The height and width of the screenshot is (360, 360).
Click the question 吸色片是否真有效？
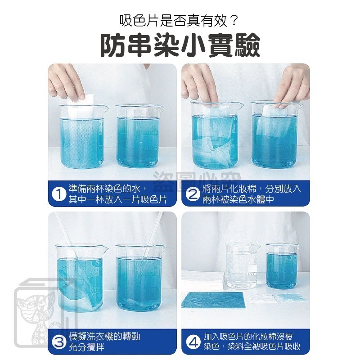pyautogui.click(x=180, y=20)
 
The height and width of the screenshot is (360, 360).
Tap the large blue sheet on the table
pyautogui.click(x=212, y=300)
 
